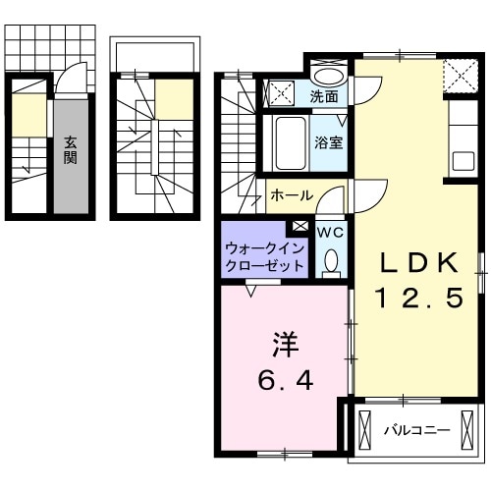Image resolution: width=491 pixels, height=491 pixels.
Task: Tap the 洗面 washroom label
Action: tap(324, 96)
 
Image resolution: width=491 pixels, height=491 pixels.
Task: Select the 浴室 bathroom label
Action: tap(327, 141)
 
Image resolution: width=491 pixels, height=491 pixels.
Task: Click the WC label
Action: tap(330, 232)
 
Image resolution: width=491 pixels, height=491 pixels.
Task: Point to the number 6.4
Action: tap(285, 381)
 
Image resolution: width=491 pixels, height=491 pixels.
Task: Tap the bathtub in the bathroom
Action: tap(289, 143)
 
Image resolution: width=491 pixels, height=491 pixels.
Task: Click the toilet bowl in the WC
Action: tap(331, 260)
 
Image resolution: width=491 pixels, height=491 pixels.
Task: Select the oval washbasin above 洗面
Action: tap(327, 76)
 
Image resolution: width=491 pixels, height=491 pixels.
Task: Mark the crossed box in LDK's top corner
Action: tap(457, 75)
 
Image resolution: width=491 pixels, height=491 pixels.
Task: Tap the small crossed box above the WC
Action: tap(300, 227)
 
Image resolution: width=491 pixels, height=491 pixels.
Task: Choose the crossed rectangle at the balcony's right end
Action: tap(468, 429)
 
